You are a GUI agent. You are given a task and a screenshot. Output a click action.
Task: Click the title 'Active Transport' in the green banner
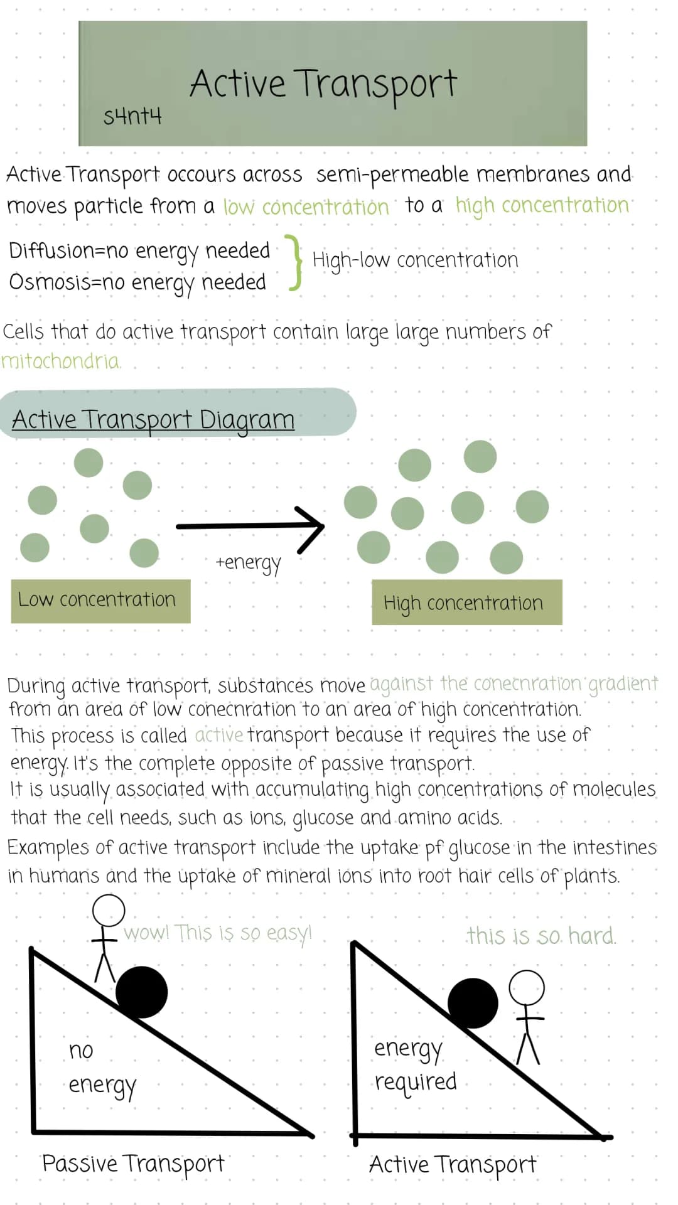323,84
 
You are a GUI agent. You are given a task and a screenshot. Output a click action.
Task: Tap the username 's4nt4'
132,116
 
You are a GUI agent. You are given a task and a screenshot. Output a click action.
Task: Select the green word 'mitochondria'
61,361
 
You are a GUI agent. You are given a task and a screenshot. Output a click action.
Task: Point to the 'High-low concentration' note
415,260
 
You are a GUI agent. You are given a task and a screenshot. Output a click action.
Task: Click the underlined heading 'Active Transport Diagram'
153,419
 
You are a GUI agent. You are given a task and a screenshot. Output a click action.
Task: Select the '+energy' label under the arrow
249,562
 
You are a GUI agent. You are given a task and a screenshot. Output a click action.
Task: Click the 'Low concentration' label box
100,601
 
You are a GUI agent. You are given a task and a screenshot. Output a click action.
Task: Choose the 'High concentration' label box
466,602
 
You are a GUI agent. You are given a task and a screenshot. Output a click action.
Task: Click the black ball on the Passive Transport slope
142,992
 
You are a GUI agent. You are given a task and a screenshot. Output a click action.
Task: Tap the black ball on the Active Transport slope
473,1002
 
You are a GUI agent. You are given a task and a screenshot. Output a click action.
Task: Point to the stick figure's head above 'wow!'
109,910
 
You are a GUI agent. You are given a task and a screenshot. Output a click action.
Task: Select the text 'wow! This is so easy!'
217,933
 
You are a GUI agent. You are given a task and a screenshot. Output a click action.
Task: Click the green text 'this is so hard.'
541,936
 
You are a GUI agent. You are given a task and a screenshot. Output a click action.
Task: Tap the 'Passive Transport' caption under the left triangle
133,1164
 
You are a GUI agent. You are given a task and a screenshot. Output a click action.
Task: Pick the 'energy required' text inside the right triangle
415,1064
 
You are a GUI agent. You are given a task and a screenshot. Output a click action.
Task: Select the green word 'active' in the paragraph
218,735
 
